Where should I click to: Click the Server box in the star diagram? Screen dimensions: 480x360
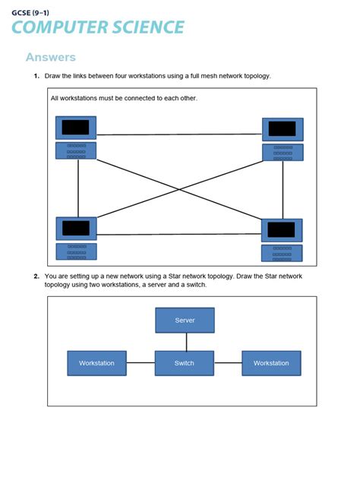[185, 320]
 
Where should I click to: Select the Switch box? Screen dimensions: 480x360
[185, 363]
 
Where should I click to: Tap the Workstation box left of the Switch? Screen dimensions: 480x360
[96, 363]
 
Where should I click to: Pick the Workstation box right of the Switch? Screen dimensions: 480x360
[271, 363]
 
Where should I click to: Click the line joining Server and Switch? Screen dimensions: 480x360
[185, 342]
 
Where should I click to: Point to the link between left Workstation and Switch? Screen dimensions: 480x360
[141, 363]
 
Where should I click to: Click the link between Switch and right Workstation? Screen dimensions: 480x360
[228, 363]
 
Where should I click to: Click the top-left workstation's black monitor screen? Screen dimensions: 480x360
[76, 128]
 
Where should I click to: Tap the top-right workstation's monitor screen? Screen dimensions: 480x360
[283, 129]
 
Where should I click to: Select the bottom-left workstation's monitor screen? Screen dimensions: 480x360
[76, 228]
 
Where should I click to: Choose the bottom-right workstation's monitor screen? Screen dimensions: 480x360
[282, 230]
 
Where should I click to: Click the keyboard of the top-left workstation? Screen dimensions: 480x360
[76, 150]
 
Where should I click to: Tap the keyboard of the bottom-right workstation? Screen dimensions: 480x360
[282, 253]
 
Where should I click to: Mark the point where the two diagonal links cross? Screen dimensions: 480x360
[178, 189]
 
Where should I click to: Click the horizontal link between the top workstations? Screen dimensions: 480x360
[179, 135]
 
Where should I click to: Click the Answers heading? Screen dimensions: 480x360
[51, 58]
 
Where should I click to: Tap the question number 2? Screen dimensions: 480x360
[36, 276]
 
